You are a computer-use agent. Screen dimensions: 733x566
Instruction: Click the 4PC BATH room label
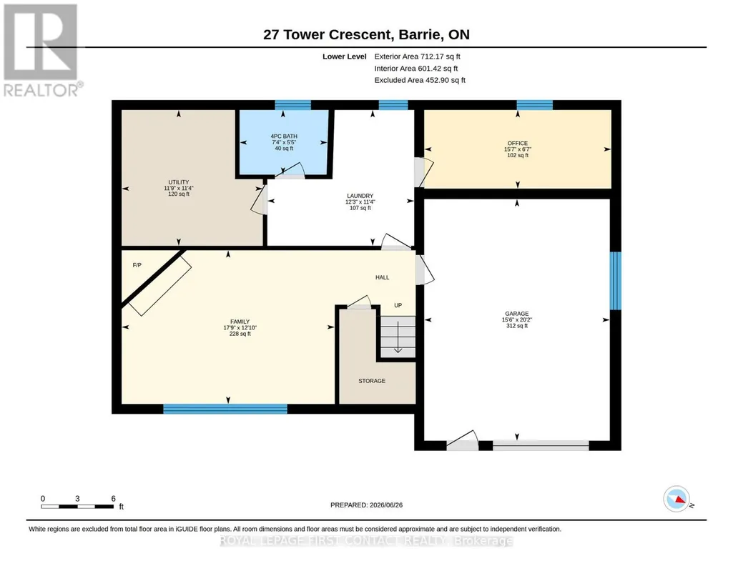(284, 136)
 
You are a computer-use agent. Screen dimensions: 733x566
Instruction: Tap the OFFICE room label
(518, 144)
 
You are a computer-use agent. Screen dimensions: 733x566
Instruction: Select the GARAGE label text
(516, 314)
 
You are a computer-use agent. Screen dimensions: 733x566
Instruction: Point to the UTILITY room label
(179, 182)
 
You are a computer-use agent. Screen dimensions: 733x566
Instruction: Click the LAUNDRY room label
(360, 196)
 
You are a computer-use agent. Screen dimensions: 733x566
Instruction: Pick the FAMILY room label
(240, 322)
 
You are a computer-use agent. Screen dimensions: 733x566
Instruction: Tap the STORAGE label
(372, 381)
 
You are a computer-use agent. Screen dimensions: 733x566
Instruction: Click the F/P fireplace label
(137, 265)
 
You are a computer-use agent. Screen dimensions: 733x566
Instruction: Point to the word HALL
(383, 277)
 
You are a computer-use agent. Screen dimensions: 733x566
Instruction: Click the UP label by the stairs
(398, 305)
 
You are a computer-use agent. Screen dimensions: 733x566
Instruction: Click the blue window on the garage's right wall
(616, 281)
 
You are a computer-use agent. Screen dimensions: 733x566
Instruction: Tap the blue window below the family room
(225, 409)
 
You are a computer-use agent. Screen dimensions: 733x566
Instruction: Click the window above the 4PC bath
(292, 105)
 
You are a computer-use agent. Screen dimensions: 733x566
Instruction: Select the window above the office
(535, 105)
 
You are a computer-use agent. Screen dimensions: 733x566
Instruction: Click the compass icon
(677, 499)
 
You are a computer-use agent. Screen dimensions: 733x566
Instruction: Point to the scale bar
(78, 506)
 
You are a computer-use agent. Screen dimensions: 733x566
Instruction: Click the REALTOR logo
(43, 51)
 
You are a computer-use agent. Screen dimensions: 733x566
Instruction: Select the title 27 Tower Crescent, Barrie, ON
(366, 34)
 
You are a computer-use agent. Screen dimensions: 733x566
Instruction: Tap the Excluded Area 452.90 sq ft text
(420, 80)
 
